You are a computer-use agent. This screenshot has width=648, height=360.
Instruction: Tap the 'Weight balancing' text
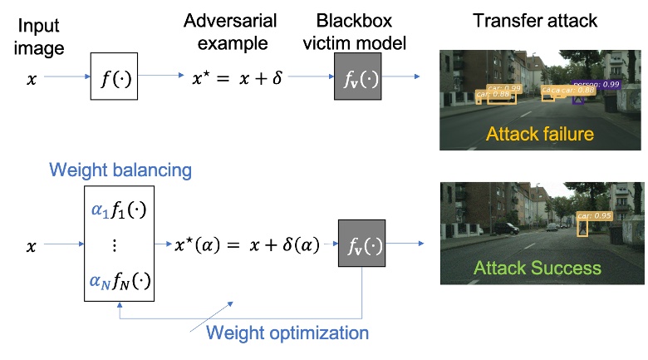(120, 170)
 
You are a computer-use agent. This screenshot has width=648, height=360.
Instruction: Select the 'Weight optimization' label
(287, 333)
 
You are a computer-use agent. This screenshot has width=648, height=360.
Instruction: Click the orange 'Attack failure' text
(540, 133)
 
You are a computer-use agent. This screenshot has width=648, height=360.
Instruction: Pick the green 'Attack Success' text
(537, 268)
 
